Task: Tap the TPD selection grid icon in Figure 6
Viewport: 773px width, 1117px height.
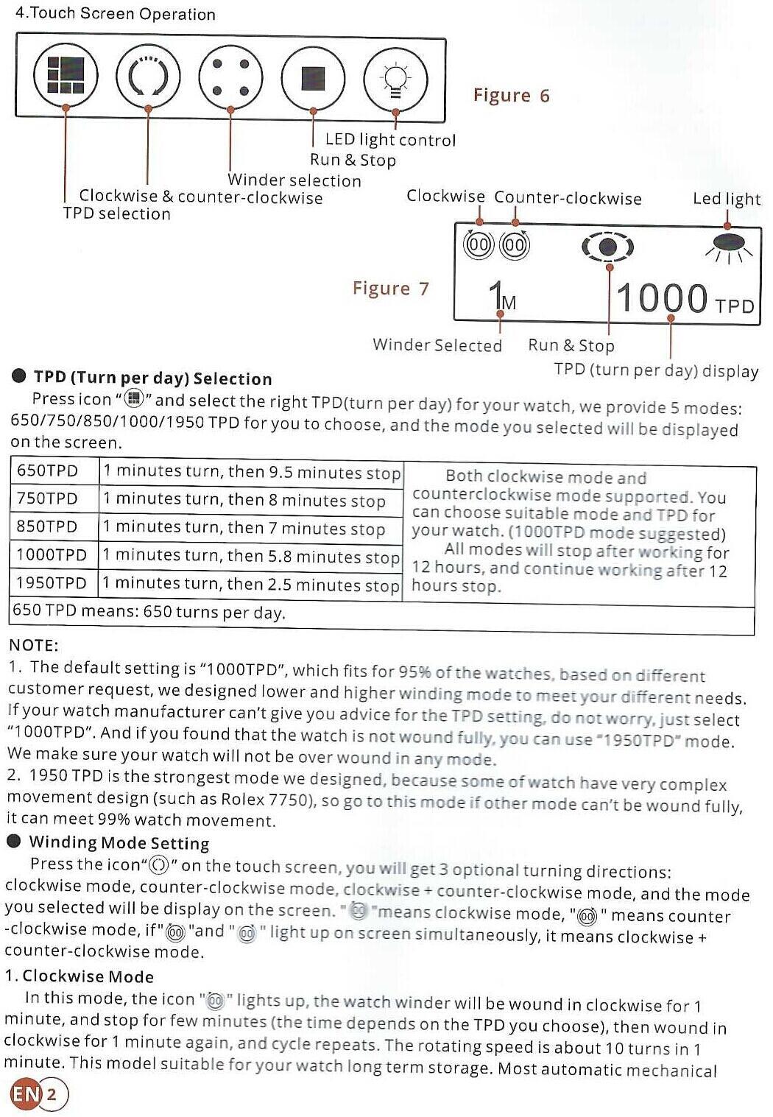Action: pyautogui.click(x=65, y=76)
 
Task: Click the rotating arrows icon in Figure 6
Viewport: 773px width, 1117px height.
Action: pyautogui.click(x=147, y=77)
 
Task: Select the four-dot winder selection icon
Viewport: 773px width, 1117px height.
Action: pyautogui.click(x=230, y=77)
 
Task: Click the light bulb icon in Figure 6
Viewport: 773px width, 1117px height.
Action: pyautogui.click(x=395, y=78)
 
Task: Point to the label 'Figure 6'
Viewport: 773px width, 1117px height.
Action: pyautogui.click(x=511, y=96)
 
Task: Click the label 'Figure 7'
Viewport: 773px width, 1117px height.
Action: pyautogui.click(x=390, y=289)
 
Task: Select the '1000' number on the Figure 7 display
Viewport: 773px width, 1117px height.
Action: pyautogui.click(x=661, y=299)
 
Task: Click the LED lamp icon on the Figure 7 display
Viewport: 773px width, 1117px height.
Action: pyautogui.click(x=729, y=244)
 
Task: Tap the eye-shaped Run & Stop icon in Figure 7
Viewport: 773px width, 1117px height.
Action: pyautogui.click(x=607, y=247)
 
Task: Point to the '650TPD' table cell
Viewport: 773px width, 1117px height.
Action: pyautogui.click(x=47, y=471)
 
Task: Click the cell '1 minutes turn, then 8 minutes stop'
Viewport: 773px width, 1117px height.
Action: pyautogui.click(x=244, y=500)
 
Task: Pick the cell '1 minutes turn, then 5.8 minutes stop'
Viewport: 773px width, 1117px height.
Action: pyautogui.click(x=250, y=557)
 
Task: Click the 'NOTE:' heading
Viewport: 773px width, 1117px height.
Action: pyautogui.click(x=33, y=646)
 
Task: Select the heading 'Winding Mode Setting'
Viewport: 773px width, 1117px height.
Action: pyautogui.click(x=119, y=843)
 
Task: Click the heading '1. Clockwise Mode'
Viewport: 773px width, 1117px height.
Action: pyautogui.click(x=80, y=977)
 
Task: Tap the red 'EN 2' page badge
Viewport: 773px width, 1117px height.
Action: pyautogui.click(x=37, y=1093)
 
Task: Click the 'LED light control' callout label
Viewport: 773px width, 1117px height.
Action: pyautogui.click(x=390, y=140)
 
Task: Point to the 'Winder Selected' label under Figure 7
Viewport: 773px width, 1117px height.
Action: pyautogui.click(x=437, y=345)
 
